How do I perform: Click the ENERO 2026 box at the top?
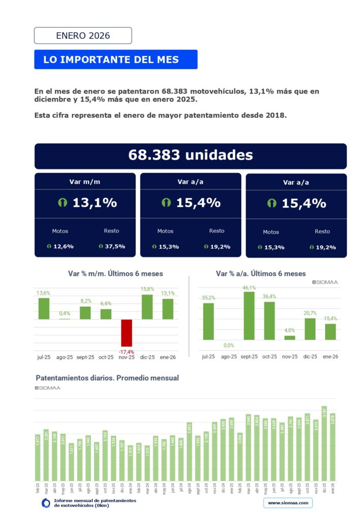point(83,36)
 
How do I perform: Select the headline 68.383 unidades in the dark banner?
point(190,155)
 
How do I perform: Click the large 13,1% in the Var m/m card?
point(94,203)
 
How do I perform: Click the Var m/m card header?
point(85,181)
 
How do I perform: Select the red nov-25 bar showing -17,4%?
point(126,333)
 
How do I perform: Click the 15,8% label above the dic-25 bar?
point(147,289)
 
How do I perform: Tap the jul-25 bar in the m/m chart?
point(44,308)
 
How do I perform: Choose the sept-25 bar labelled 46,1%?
point(249,315)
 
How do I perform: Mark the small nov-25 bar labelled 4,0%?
point(289,337)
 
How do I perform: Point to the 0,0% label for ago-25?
point(228,345)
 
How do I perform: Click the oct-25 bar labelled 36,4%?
point(269,320)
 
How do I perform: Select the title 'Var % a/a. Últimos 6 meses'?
point(261,273)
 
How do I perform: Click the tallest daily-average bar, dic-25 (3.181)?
point(324,443)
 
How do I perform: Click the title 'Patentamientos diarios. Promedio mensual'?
point(107,378)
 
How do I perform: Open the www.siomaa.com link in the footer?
point(288,503)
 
